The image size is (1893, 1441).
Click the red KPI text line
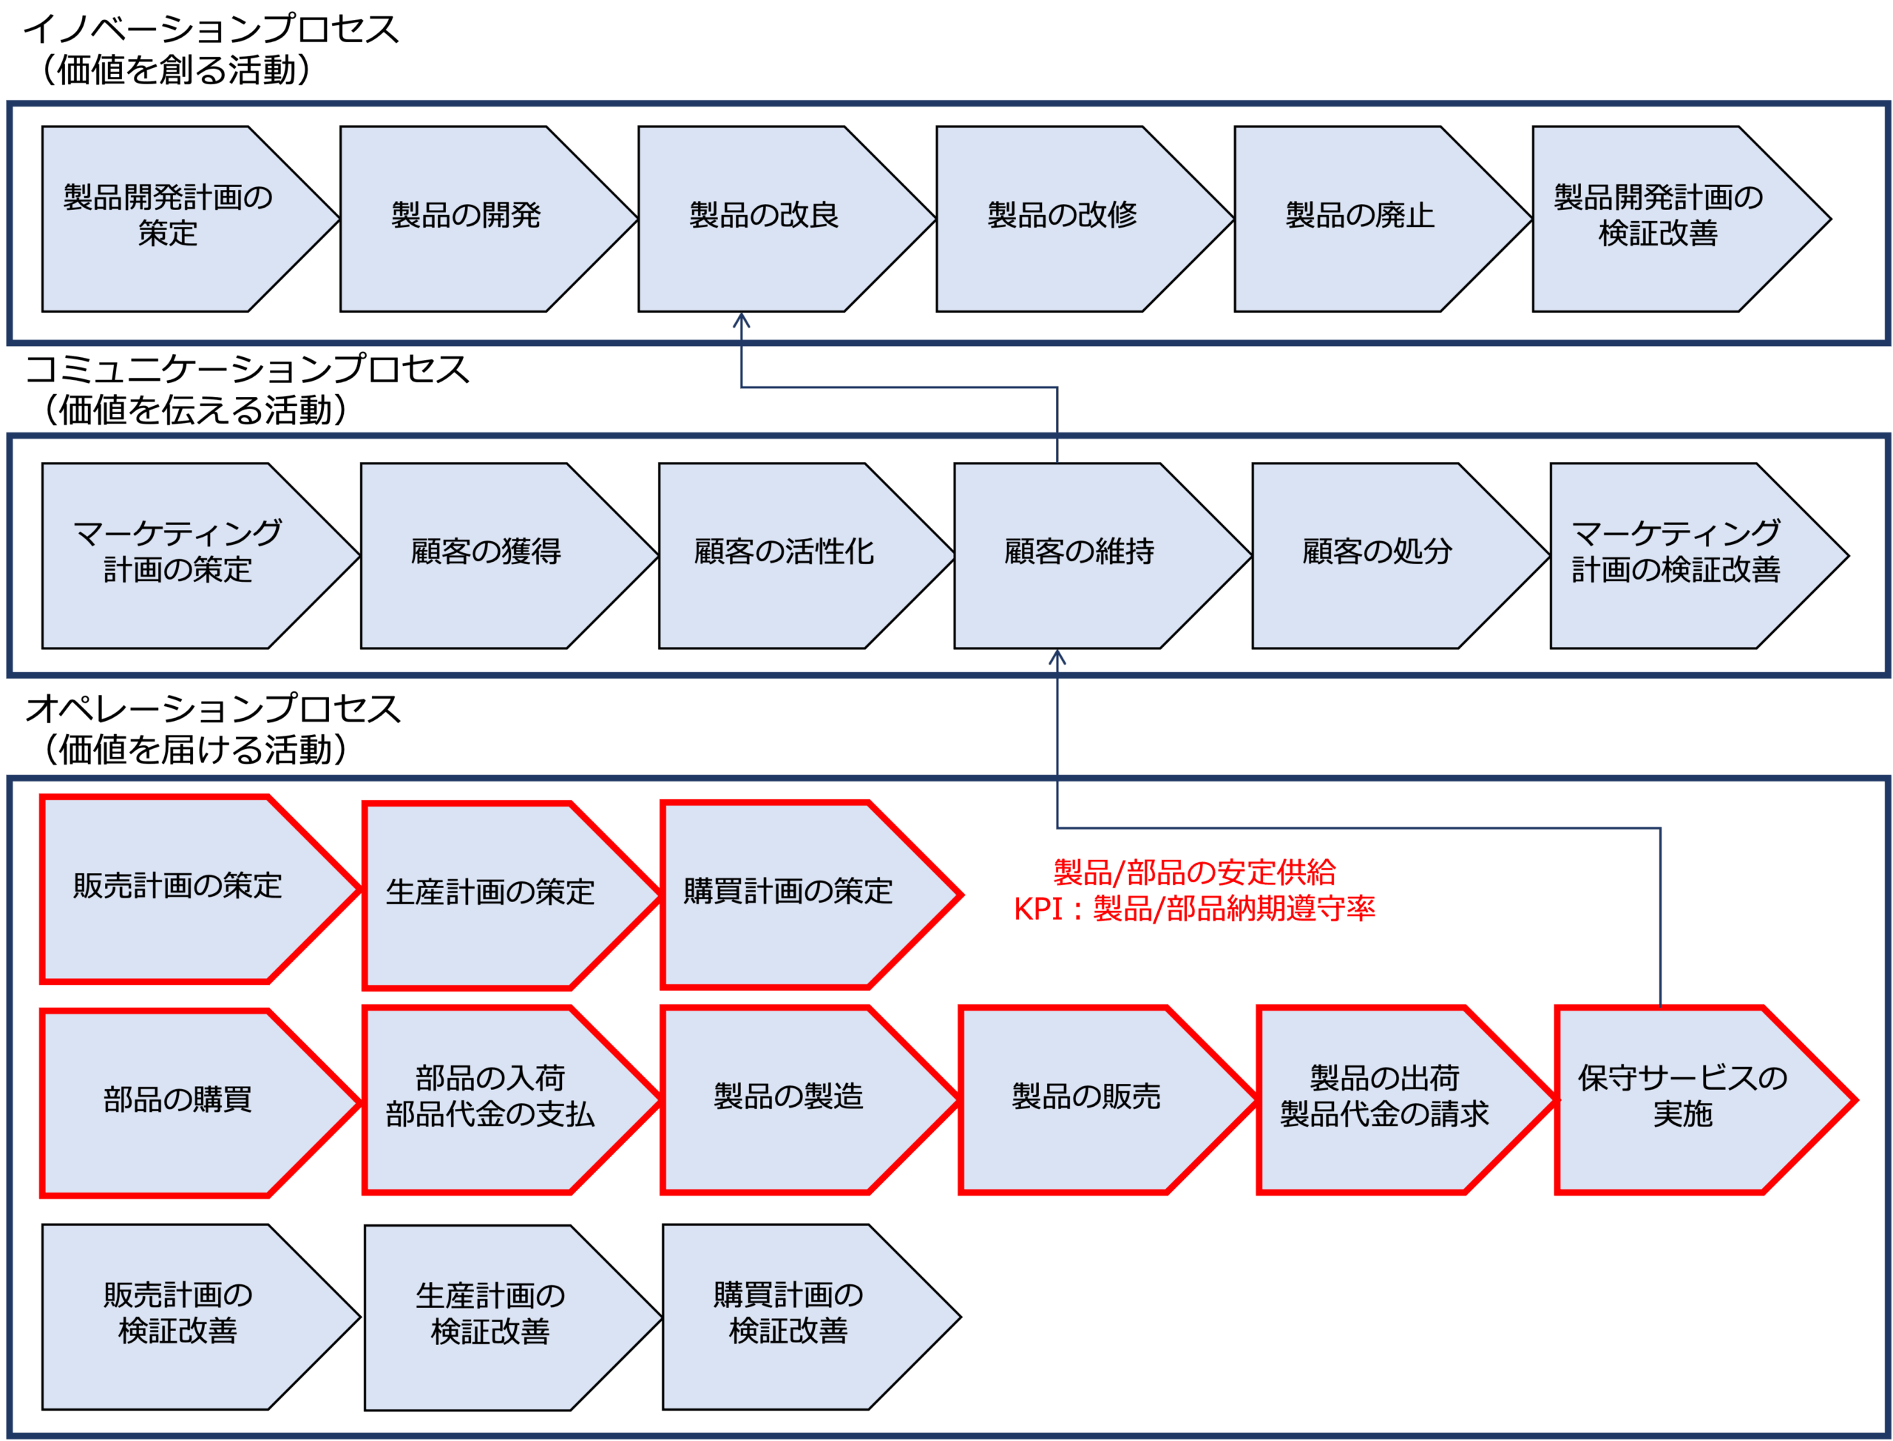(x=1194, y=909)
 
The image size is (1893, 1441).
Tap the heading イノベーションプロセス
(x=211, y=29)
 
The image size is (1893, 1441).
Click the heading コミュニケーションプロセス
(x=247, y=370)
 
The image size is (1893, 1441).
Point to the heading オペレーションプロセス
(x=213, y=709)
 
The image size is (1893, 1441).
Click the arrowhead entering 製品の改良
(x=741, y=320)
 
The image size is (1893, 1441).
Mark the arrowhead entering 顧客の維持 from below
(x=1057, y=657)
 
